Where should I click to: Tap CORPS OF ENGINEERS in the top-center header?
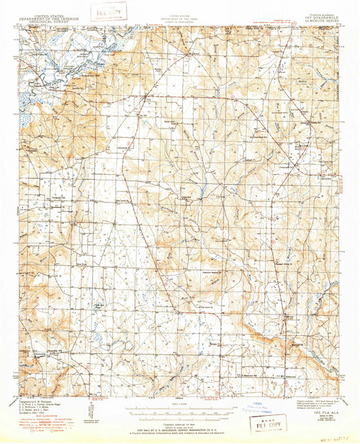180,12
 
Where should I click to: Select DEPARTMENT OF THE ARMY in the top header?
180,9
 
